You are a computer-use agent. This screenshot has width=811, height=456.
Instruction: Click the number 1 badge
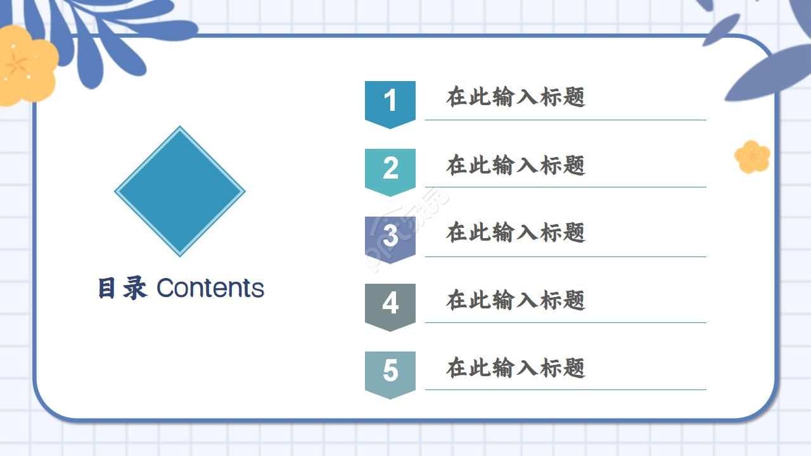[390, 103]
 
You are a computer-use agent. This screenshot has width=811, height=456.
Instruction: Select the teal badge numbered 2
[390, 170]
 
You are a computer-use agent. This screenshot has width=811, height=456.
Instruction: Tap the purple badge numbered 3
[390, 237]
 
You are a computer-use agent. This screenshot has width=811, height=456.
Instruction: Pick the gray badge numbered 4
[390, 305]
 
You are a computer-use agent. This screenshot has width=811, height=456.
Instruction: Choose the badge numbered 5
[390, 372]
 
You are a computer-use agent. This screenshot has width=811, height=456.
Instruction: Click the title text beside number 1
[515, 98]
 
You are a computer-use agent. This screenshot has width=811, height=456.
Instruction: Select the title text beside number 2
[515, 165]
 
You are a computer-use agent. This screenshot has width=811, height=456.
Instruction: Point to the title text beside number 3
[515, 232]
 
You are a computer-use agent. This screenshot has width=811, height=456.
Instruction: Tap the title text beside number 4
[515, 300]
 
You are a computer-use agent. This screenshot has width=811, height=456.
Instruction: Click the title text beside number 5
[515, 368]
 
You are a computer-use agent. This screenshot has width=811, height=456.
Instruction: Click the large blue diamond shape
[180, 191]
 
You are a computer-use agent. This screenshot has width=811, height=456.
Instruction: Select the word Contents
[210, 289]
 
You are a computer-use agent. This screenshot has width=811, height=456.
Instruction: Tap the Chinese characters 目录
[122, 289]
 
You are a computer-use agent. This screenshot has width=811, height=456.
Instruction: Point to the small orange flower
[752, 156]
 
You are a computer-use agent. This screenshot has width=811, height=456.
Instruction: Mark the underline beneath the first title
[565, 120]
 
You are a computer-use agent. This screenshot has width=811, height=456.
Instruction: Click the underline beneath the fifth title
[565, 389]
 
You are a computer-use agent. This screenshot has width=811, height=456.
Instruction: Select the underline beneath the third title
[565, 256]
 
